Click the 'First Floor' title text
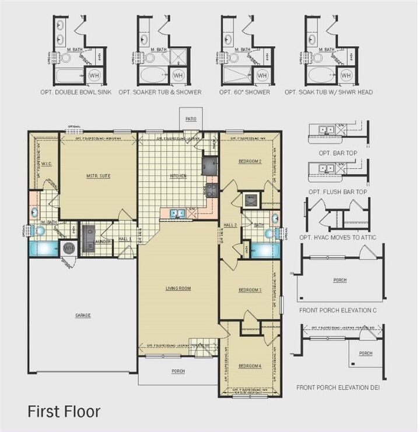(x=64, y=412)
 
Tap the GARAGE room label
(x=83, y=315)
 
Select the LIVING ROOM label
(x=178, y=288)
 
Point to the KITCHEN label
(x=178, y=175)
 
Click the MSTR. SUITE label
(x=98, y=175)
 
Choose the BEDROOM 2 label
(x=250, y=161)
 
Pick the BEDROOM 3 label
(x=250, y=289)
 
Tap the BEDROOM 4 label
(x=250, y=366)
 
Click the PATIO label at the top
(x=191, y=119)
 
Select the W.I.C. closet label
(x=47, y=164)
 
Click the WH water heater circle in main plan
(x=69, y=248)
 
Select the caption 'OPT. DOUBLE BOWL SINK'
(x=76, y=93)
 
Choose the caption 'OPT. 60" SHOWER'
(x=244, y=93)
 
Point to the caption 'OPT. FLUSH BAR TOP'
(x=341, y=191)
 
